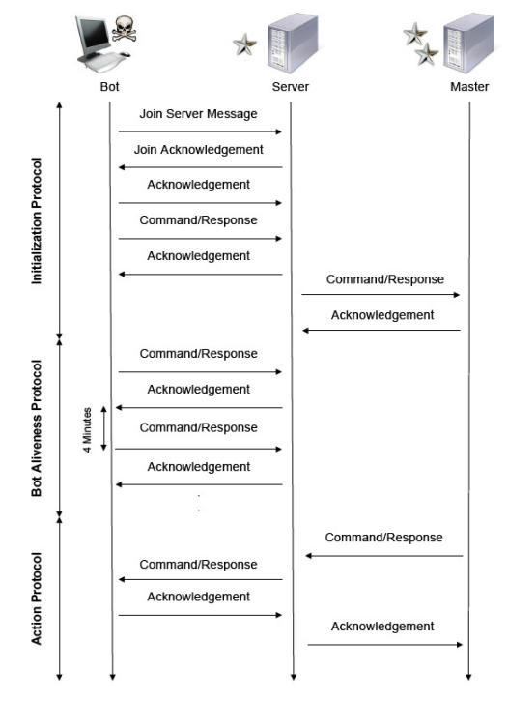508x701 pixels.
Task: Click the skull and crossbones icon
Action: [x=124, y=29]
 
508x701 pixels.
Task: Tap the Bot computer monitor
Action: [x=94, y=35]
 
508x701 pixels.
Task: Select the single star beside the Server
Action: [x=245, y=44]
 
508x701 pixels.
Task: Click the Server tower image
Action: [x=293, y=43]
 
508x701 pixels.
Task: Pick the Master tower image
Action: [x=468, y=43]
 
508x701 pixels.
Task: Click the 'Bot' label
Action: [x=109, y=87]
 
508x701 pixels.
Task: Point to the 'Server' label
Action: [x=290, y=87]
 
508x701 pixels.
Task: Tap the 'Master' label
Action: [x=469, y=87]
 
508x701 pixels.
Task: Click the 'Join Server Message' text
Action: [x=198, y=114]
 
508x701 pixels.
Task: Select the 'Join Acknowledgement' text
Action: [x=199, y=150]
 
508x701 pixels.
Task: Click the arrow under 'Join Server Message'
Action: [x=200, y=131]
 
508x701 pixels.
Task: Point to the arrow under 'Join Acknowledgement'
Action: [x=200, y=167]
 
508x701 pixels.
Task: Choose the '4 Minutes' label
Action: [x=87, y=429]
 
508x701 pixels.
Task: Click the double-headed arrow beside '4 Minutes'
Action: [x=104, y=428]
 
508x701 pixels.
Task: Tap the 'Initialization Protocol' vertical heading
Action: [x=36, y=220]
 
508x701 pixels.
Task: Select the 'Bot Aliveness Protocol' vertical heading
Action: [x=36, y=428]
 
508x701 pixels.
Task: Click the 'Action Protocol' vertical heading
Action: [x=36, y=599]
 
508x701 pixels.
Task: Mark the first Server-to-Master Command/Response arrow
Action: [x=381, y=295]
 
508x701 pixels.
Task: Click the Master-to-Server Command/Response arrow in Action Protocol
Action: [x=384, y=556]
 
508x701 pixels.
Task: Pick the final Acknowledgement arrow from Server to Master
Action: [x=384, y=645]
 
